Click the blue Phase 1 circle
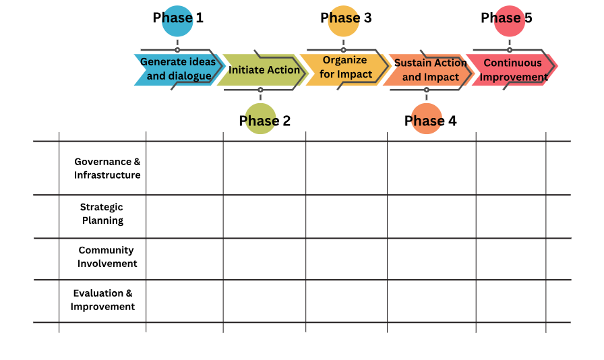coord(177,21)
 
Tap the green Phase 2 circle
coord(260,119)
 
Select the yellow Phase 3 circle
coord(343,21)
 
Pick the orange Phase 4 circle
coord(427,119)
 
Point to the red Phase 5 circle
coord(510,21)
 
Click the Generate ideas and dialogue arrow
coord(179,69)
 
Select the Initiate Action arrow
coord(263,69)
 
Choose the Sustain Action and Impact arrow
coord(429,69)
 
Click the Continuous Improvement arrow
coord(514,69)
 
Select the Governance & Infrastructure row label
coord(107,169)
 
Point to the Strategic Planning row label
coord(102,214)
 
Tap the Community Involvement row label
coord(107,257)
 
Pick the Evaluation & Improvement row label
coord(102,300)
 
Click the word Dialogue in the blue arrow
coord(189,76)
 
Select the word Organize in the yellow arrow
coord(344,60)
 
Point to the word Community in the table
coord(106,251)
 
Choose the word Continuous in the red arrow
coord(513,63)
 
